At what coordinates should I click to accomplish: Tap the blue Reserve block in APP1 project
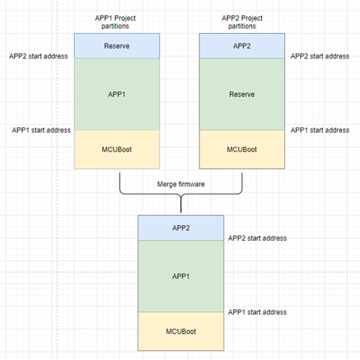(x=118, y=46)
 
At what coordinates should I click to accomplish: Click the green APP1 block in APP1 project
(x=118, y=94)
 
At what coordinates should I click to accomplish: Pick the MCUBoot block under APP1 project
(x=118, y=149)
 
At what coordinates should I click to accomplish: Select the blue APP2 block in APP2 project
(x=242, y=46)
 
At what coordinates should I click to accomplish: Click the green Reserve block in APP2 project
(x=242, y=94)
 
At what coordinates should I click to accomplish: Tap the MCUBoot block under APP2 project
(x=242, y=149)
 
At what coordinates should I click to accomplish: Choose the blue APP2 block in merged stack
(x=180, y=227)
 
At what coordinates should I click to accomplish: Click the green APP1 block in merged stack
(x=180, y=275)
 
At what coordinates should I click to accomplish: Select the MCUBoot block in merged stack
(x=180, y=331)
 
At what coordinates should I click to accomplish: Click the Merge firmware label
(x=180, y=184)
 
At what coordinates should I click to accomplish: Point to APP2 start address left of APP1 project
(x=38, y=55)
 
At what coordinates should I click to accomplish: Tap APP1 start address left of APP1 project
(x=40, y=130)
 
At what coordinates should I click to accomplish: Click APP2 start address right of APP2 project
(x=319, y=55)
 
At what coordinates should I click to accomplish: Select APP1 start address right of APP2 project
(x=319, y=130)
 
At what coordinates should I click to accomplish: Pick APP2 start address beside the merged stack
(x=257, y=238)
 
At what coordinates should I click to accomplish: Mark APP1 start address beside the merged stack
(x=257, y=311)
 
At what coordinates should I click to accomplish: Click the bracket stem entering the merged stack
(x=180, y=205)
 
